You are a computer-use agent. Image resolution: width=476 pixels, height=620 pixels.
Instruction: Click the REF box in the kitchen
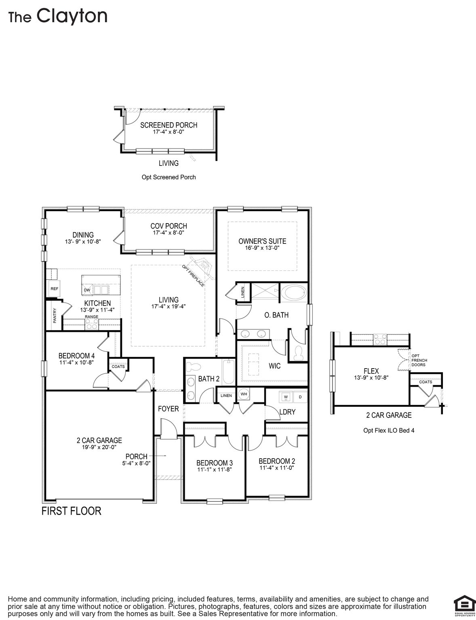[x=54, y=289]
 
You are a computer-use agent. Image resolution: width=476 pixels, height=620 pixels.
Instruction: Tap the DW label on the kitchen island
[x=87, y=290]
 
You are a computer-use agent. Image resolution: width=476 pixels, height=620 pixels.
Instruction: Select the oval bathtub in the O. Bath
[x=293, y=293]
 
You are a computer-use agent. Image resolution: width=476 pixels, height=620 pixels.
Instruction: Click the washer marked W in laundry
[x=286, y=397]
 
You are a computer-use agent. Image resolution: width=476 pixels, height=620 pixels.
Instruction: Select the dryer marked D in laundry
[x=300, y=397]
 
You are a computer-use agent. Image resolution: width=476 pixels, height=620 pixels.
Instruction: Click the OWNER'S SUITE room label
[x=262, y=241]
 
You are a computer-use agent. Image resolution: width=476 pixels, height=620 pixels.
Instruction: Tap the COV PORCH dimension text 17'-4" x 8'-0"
[x=168, y=233]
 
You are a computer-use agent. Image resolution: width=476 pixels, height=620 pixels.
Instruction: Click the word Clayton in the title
[x=72, y=16]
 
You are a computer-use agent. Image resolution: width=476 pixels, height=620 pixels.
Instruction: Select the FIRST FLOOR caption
[x=72, y=511]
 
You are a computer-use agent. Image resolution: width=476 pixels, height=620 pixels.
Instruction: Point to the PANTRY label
[x=55, y=315]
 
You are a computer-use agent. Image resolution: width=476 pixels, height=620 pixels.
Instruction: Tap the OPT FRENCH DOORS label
[x=419, y=360]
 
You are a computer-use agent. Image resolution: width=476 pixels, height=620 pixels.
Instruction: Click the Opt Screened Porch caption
[x=168, y=177]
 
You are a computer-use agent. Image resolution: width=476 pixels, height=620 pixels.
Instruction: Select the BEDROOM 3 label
[x=214, y=463]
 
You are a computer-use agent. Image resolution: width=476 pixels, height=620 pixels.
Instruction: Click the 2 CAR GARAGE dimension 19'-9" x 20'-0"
[x=99, y=447]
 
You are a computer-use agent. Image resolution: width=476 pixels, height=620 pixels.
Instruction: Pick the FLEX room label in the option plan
[x=371, y=371]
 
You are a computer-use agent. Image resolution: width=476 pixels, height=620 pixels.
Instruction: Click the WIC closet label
[x=274, y=366]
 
